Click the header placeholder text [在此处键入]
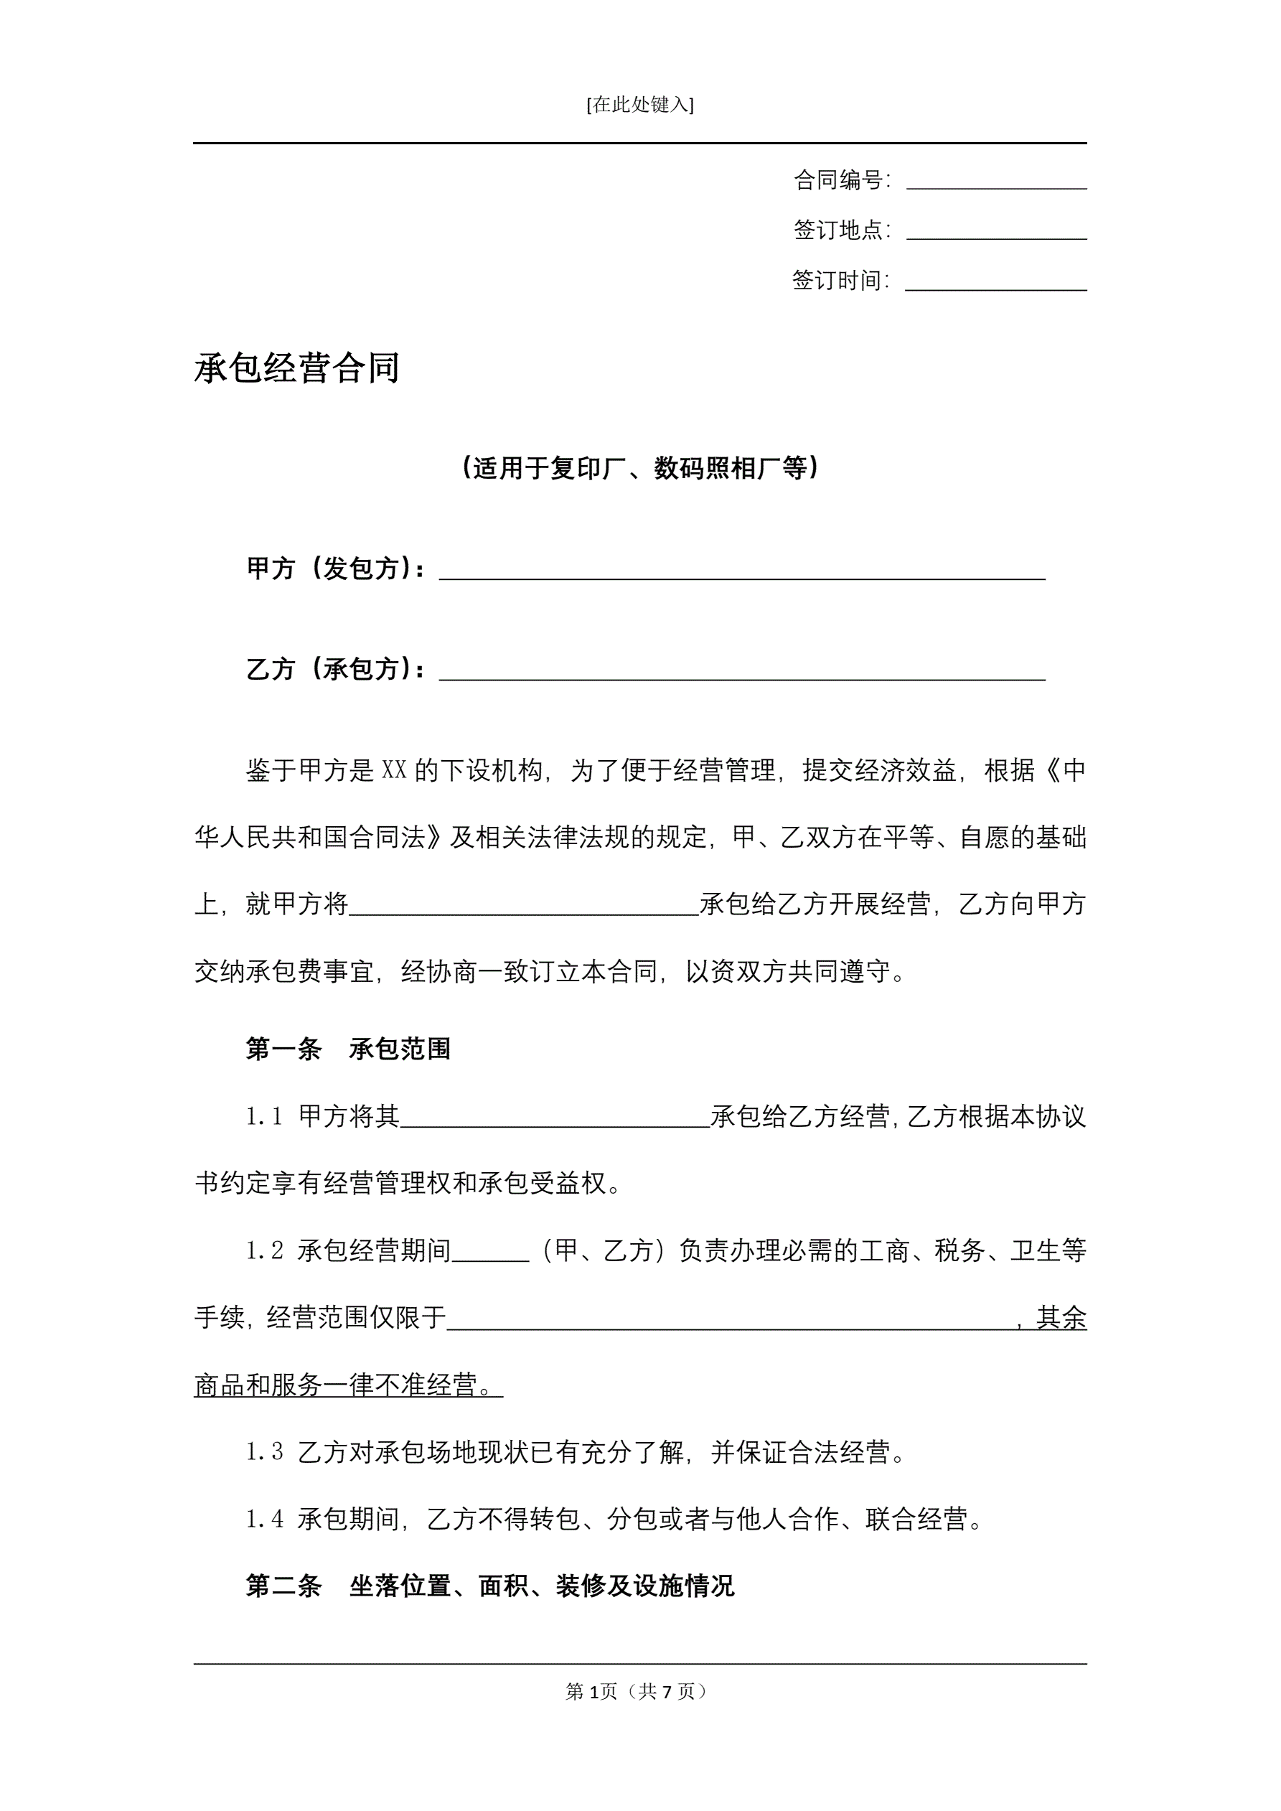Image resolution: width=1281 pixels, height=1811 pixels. click(639, 105)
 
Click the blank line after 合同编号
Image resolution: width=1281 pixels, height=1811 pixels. click(996, 182)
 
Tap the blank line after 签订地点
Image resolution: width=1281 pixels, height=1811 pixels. click(996, 232)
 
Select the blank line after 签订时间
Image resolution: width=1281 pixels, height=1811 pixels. click(995, 282)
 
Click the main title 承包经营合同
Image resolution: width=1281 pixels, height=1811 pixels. click(296, 368)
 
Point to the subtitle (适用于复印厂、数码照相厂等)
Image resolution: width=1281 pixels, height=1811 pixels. click(639, 469)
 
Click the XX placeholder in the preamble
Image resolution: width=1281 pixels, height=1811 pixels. click(393, 769)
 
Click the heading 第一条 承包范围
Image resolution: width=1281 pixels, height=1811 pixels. click(348, 1049)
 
